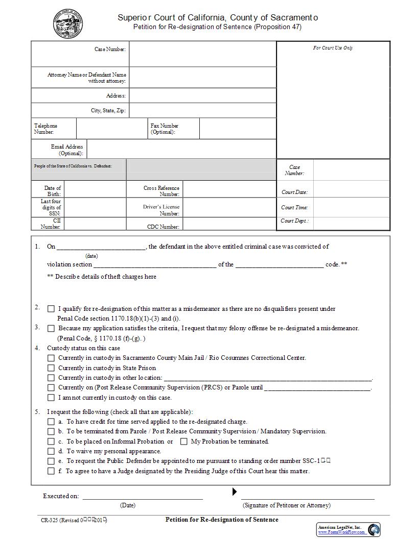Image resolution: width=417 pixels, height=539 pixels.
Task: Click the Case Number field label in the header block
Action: click(110, 50)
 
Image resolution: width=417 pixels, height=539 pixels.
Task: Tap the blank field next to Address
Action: click(202, 95)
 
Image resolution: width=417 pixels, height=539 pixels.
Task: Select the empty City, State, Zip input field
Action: click(202, 110)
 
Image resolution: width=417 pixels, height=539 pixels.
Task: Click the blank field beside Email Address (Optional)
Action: click(181, 149)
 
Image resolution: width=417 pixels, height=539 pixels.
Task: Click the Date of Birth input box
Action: click(95, 191)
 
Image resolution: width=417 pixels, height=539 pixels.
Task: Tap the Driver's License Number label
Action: click(161, 210)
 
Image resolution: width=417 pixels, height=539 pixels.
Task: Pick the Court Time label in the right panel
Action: click(294, 208)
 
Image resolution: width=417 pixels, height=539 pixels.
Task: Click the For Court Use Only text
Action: click(333, 48)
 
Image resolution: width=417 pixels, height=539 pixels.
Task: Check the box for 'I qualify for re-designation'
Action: click(51, 309)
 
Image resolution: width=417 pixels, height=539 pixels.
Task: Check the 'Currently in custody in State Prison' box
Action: click(51, 368)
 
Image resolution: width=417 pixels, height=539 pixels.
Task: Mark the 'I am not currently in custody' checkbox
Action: click(51, 398)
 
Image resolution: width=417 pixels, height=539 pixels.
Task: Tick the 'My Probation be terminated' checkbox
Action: click(184, 442)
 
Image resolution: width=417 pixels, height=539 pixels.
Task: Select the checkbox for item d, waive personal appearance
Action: click(51, 451)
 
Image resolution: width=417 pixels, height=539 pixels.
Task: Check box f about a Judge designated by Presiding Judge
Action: click(51, 471)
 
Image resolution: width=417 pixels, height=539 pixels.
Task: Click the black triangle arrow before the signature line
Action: click(235, 492)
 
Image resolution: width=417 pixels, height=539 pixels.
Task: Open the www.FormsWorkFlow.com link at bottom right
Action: click(341, 532)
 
